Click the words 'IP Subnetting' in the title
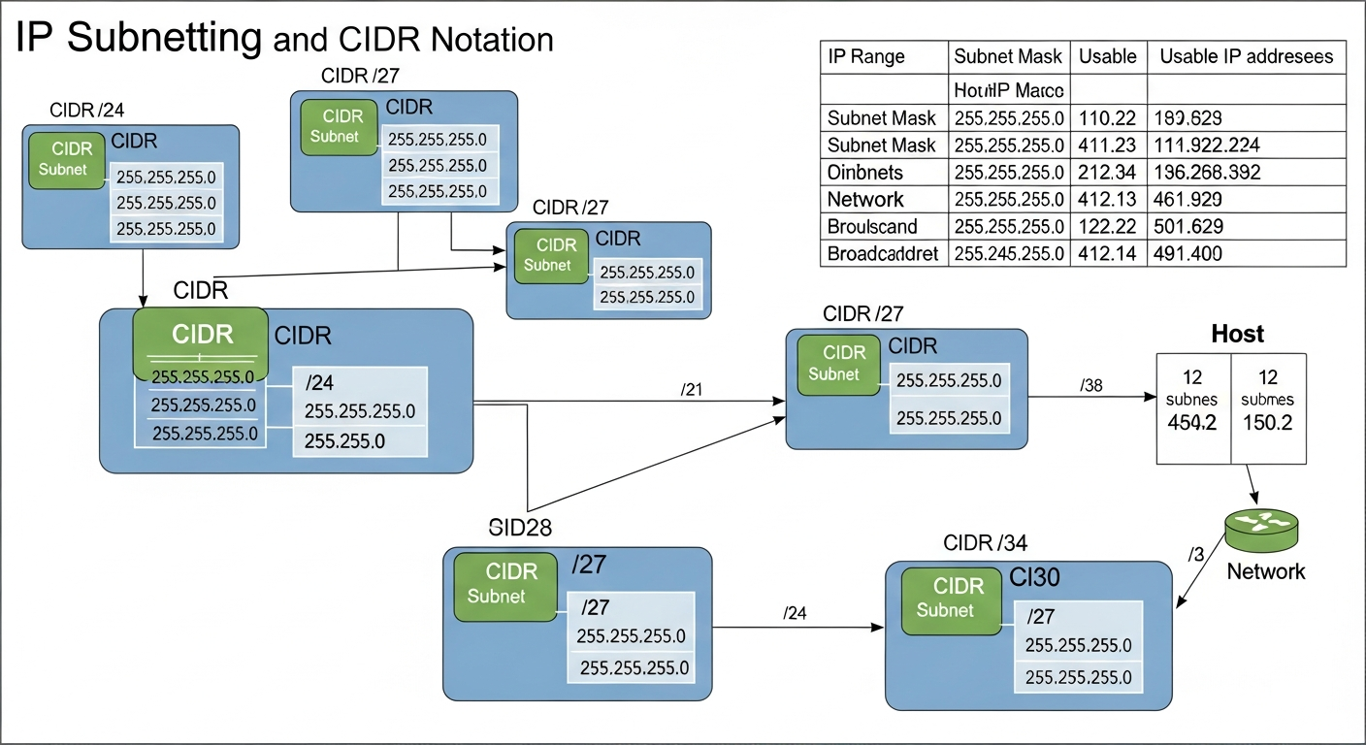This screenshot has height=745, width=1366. (x=138, y=37)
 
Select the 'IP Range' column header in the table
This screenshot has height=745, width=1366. (x=865, y=56)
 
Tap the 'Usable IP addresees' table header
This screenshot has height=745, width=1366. (x=1246, y=56)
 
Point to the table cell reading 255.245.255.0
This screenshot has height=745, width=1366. (x=1009, y=254)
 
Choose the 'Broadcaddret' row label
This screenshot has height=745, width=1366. (x=882, y=254)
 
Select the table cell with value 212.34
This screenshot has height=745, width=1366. (x=1107, y=173)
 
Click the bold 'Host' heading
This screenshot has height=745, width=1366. (x=1238, y=335)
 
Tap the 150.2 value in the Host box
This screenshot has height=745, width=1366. (x=1267, y=424)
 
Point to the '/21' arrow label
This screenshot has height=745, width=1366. (x=693, y=389)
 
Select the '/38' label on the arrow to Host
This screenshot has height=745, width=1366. (x=1090, y=385)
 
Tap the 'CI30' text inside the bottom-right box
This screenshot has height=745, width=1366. (x=1036, y=578)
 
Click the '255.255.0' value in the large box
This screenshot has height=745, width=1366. (x=344, y=440)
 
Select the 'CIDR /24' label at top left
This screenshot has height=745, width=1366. (x=87, y=109)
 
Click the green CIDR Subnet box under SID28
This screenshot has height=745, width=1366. (x=504, y=586)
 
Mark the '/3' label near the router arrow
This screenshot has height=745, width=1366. (x=1195, y=554)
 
